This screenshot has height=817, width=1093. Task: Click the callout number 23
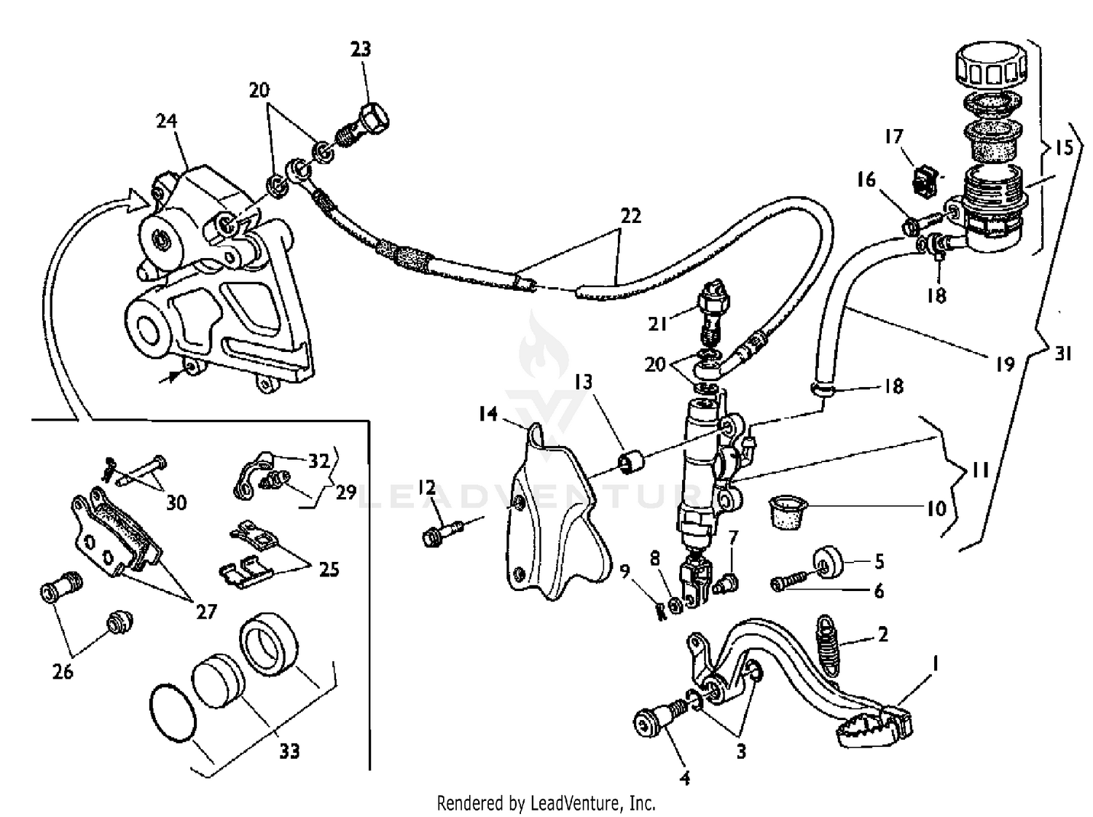point(360,49)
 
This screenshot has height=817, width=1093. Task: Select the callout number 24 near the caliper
point(167,120)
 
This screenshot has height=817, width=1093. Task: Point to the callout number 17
point(893,137)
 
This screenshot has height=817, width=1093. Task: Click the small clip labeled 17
point(924,179)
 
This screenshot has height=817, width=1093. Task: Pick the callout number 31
point(1064,353)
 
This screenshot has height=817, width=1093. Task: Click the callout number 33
point(289,750)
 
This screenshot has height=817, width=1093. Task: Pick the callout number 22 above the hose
point(630,216)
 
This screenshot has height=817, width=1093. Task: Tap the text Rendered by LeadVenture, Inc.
point(546,803)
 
